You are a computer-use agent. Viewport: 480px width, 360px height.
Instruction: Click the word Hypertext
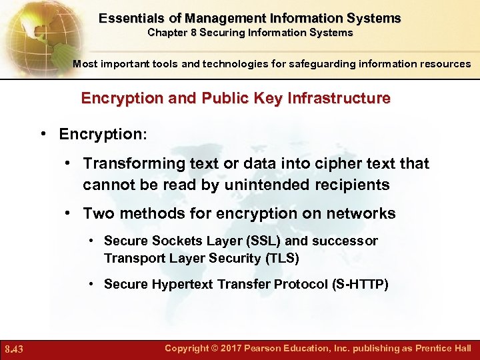pyautogui.click(x=183, y=284)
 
